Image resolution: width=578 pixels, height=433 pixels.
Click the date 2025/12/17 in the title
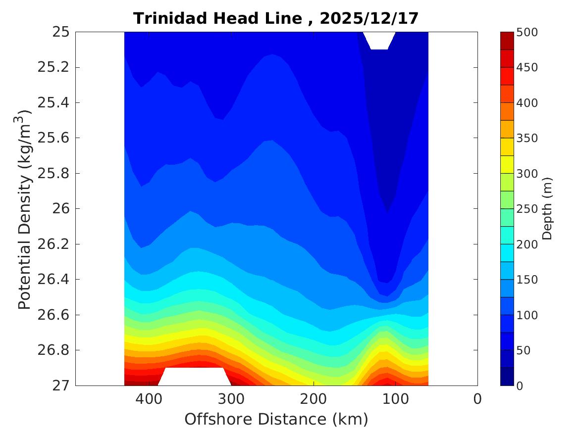[369, 19]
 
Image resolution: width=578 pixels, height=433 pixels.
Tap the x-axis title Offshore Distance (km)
[276, 419]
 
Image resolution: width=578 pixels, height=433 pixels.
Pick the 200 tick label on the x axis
[313, 399]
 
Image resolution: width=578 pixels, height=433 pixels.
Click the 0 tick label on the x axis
[477, 399]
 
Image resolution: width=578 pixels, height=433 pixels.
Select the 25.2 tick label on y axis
[53, 67]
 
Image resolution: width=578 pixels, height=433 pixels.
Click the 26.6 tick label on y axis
[53, 315]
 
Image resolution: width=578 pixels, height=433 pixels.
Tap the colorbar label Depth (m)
[547, 208]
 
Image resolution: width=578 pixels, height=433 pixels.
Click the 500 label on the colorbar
[527, 32]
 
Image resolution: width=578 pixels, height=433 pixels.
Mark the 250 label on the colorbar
[527, 209]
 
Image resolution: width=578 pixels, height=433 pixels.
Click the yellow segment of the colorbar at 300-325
[507, 164]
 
